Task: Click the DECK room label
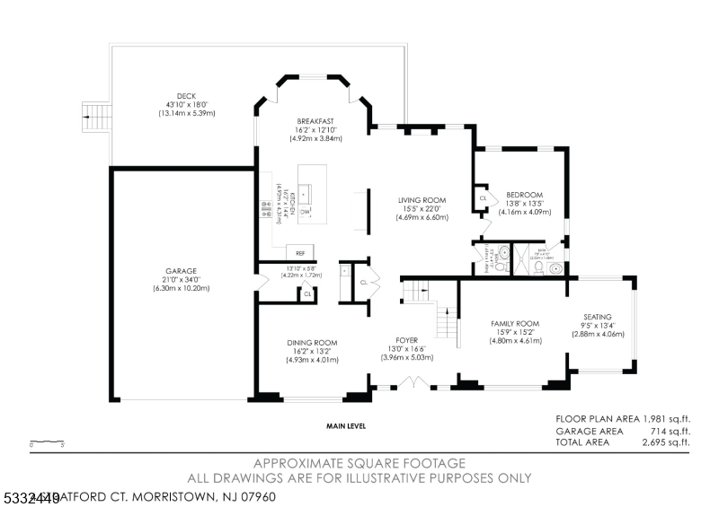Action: click(186, 96)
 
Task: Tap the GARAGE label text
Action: click(181, 271)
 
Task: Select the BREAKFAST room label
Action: click(315, 121)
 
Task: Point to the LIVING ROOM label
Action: click(422, 200)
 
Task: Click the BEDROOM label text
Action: click(524, 195)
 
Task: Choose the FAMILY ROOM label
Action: click(515, 323)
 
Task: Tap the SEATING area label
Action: click(598, 317)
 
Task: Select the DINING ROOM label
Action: click(312, 343)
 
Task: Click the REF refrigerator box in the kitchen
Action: click(299, 252)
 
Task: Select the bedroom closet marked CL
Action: click(483, 197)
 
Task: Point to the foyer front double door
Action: click(413, 383)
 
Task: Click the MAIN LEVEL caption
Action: click(346, 426)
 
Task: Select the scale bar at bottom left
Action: click(47, 442)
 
